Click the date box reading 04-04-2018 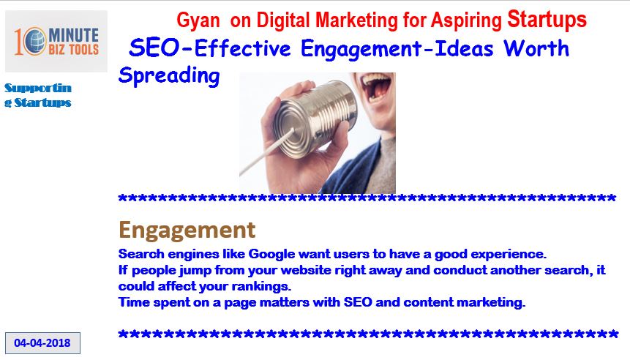42,343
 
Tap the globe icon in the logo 34,41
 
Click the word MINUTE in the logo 74,35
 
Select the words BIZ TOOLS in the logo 73,50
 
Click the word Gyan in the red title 198,20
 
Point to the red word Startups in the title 547,19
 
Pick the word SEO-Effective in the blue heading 209,48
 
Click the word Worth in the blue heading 536,48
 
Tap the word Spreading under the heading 169,75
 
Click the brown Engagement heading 187,230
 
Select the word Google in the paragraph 272,254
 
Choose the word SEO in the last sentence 358,302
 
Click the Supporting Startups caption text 38,95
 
